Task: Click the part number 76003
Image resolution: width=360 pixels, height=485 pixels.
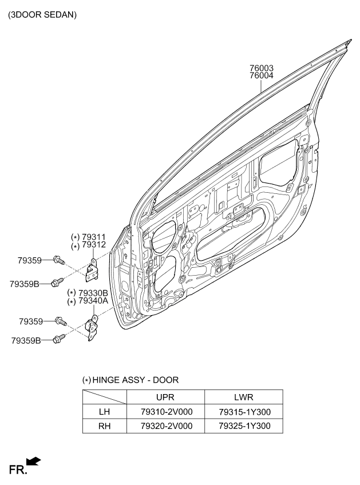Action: coord(262,67)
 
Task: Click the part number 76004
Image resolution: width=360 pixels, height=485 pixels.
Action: coord(262,75)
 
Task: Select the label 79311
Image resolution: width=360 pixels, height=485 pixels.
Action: coord(94,237)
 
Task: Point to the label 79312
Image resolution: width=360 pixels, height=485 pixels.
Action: coord(94,245)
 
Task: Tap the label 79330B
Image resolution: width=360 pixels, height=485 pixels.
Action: coord(93,293)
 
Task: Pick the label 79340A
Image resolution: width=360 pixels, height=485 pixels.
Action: coord(93,301)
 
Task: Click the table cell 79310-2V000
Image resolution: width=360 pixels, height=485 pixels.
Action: coord(167,412)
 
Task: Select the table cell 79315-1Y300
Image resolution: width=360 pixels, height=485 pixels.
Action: coord(244,412)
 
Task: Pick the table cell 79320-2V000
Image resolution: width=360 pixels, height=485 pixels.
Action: coord(167,426)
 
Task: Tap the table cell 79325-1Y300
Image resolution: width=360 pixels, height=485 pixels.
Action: coord(244,426)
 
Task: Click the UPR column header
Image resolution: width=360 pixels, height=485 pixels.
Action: coord(165,397)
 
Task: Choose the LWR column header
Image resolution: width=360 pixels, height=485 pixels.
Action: coord(244,397)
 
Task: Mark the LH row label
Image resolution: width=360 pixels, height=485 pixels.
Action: coord(104,412)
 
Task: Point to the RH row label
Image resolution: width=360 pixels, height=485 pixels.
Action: coord(104,426)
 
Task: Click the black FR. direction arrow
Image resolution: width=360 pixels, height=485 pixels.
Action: coord(33,461)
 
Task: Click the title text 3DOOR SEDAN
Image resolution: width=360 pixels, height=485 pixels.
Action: coord(42,14)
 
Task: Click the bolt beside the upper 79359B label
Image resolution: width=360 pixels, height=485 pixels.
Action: coord(58,282)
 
